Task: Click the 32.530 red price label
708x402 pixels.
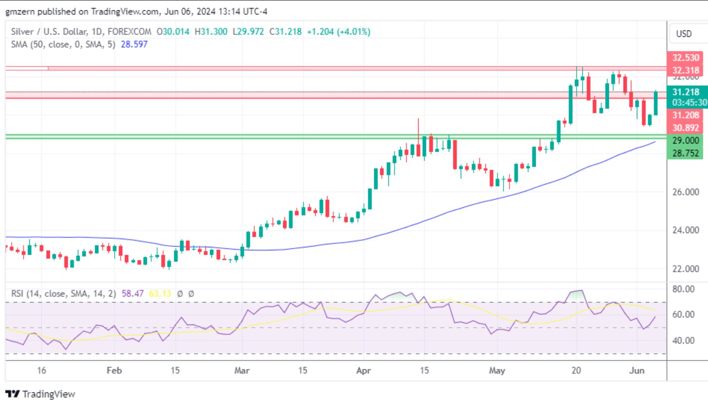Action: pos(685,58)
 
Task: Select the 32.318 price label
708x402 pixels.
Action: pos(685,70)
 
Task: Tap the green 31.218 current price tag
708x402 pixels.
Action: pos(686,92)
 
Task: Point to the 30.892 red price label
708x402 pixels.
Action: pos(685,128)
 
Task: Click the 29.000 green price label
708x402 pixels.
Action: pos(685,140)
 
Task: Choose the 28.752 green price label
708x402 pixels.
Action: pos(685,153)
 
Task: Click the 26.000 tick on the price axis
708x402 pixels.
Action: pos(686,192)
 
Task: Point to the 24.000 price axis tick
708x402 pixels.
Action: pos(686,230)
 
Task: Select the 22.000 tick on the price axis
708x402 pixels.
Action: pos(686,269)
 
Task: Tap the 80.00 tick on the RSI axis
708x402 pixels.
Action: pos(683,289)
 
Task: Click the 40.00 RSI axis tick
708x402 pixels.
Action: pos(683,340)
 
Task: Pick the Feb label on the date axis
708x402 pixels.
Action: pos(114,371)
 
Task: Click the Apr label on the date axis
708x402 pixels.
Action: pos(363,371)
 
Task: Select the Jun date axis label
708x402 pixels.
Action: pos(637,371)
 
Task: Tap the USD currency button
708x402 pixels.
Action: pos(683,34)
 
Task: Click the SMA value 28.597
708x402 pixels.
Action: pos(134,44)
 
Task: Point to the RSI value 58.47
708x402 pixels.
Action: pos(133,294)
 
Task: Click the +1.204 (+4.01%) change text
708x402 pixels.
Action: pos(338,31)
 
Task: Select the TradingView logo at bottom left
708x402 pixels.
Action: pos(40,394)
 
